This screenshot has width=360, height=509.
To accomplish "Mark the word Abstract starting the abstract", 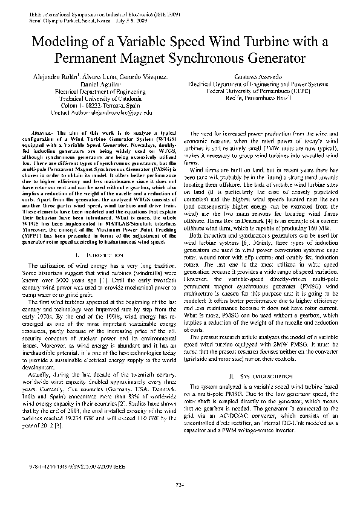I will [x=41, y=132].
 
